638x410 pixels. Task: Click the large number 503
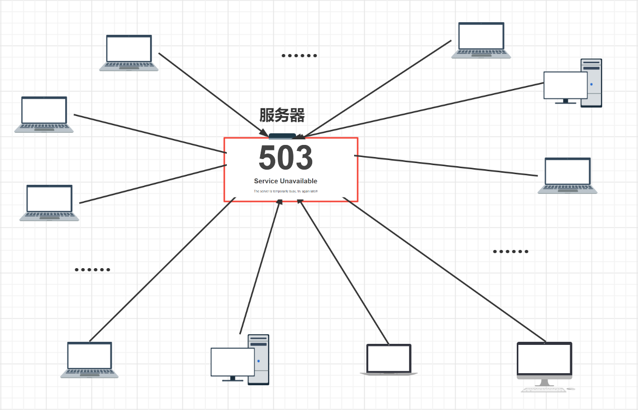pyautogui.click(x=285, y=158)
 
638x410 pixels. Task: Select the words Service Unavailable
pyautogui.click(x=285, y=181)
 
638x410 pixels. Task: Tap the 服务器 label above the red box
pyautogui.click(x=282, y=116)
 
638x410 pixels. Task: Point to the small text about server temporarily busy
pyautogui.click(x=285, y=191)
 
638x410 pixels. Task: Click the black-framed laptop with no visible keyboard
pyautogui.click(x=388, y=360)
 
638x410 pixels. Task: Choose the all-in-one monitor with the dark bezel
pyautogui.click(x=544, y=360)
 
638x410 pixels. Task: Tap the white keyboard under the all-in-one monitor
pyautogui.click(x=543, y=389)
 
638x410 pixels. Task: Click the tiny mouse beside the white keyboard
pyautogui.click(x=571, y=389)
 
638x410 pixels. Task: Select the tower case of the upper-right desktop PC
pyautogui.click(x=592, y=83)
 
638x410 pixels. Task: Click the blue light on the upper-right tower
pyautogui.click(x=591, y=84)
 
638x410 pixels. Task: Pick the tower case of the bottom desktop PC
pyautogui.click(x=259, y=360)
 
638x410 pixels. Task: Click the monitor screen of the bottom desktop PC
pyautogui.click(x=232, y=362)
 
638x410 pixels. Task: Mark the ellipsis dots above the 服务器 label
pyautogui.click(x=299, y=56)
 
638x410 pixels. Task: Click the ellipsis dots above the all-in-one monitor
pyautogui.click(x=510, y=251)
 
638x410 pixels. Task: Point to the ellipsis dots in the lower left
pyautogui.click(x=92, y=270)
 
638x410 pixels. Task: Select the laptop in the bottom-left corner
pyautogui.click(x=89, y=360)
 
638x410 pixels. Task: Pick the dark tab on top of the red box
pyautogui.click(x=282, y=135)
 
